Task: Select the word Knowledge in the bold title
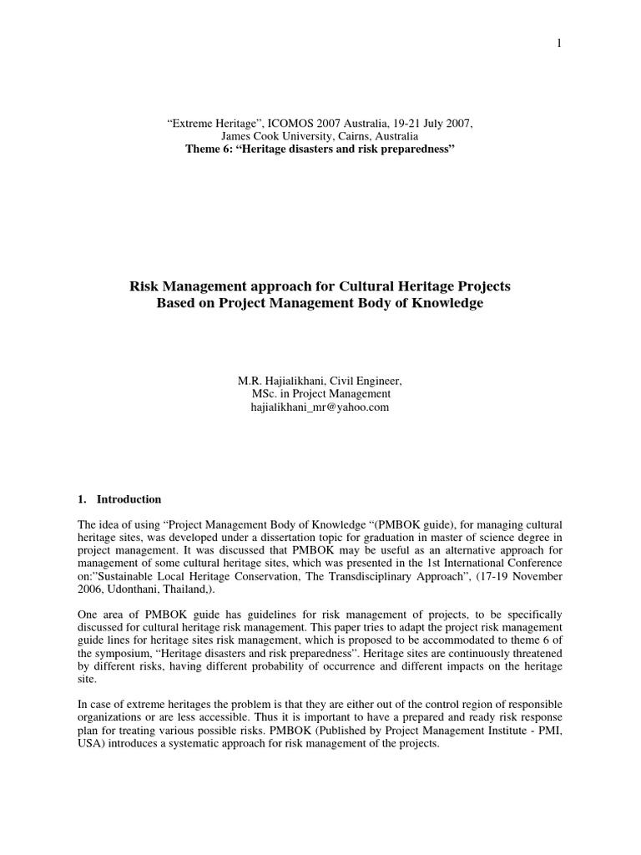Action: click(442, 303)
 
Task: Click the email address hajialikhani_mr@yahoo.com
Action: click(320, 407)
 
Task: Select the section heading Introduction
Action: click(129, 499)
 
